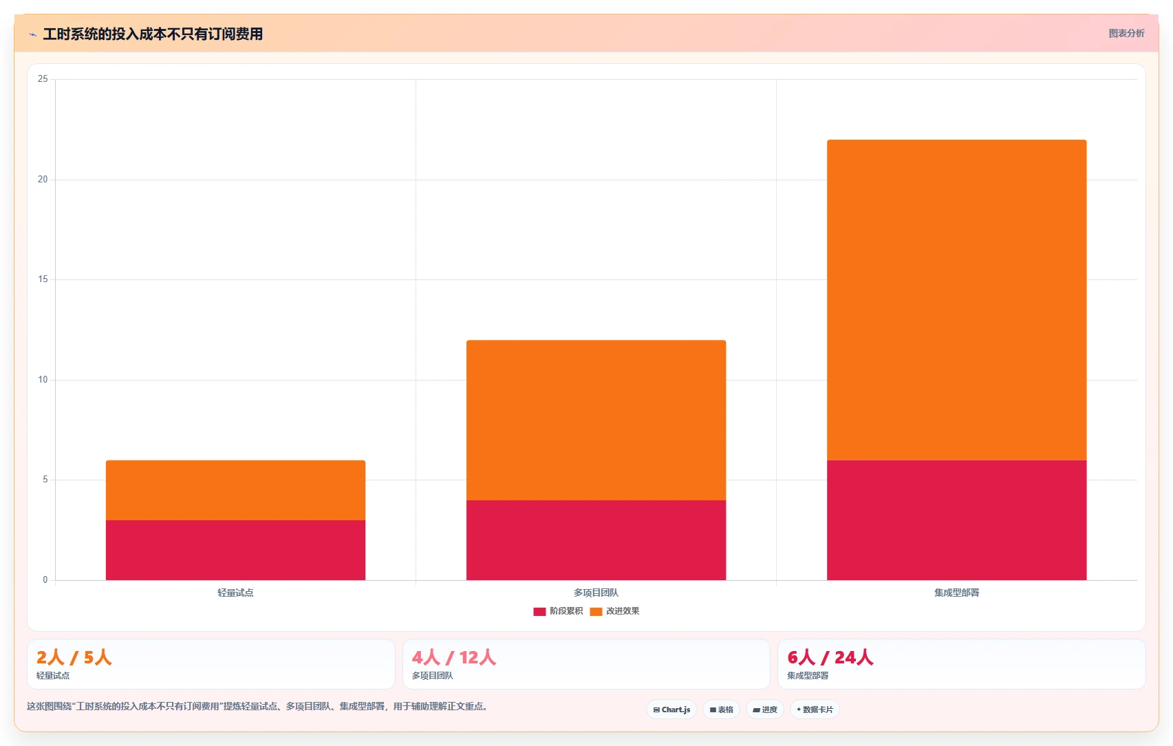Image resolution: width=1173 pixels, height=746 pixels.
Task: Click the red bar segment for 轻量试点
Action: [x=236, y=550]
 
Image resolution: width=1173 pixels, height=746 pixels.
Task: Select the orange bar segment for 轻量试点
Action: [x=236, y=491]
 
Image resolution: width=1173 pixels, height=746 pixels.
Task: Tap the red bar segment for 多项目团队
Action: [x=596, y=540]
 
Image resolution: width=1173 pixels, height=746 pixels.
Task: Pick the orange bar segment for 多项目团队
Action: [x=596, y=420]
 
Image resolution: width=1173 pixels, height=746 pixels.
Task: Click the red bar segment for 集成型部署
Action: [x=957, y=520]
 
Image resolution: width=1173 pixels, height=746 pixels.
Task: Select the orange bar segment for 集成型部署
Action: [x=957, y=299]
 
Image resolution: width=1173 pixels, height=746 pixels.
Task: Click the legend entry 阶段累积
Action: [x=558, y=611]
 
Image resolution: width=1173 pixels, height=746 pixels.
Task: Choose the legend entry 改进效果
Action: [x=614, y=611]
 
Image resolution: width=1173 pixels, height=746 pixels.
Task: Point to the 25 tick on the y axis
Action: [x=43, y=79]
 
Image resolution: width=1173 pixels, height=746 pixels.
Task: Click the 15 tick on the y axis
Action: [x=43, y=279]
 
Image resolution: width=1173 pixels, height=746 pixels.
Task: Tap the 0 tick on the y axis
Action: [x=45, y=580]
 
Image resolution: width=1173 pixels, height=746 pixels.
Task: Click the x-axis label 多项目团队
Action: [x=596, y=593]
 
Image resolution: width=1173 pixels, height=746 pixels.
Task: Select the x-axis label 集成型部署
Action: [x=957, y=593]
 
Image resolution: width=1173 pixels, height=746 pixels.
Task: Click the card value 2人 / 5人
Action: [x=74, y=657]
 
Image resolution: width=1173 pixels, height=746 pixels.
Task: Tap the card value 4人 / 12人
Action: [x=453, y=657]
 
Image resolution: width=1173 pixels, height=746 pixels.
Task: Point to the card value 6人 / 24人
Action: [x=830, y=657]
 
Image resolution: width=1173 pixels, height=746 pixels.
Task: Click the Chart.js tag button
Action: [x=671, y=710]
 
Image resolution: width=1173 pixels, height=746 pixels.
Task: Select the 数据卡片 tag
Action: [x=815, y=710]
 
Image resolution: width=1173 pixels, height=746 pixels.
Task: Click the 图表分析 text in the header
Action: [x=1126, y=34]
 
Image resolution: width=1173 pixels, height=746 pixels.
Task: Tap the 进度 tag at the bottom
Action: [x=764, y=710]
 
